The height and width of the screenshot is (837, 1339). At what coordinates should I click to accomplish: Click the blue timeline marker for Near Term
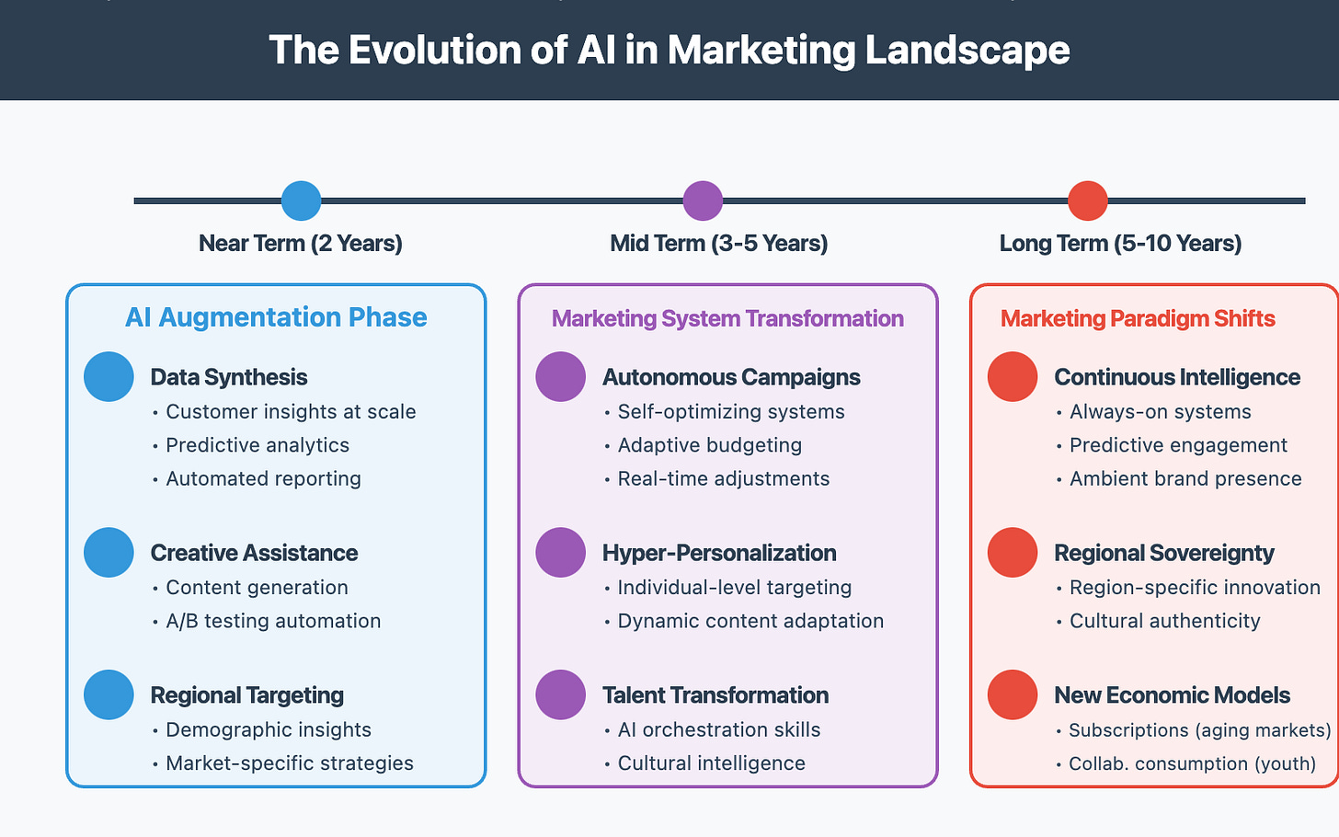301,201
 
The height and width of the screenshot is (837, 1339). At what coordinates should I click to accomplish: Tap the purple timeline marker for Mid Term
703,201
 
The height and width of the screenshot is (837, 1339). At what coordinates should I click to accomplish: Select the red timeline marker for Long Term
1087,201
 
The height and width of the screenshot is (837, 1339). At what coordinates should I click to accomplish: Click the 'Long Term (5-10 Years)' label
1120,244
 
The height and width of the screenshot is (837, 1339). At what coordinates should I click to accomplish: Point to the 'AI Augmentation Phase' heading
276,317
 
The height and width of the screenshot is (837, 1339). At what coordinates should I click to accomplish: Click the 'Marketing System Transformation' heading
727,318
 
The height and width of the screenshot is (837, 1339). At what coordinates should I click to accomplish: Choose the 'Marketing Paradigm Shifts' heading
1138,318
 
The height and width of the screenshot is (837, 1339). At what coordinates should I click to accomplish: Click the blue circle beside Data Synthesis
109,377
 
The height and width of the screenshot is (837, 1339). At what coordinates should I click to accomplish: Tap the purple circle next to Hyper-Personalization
560,553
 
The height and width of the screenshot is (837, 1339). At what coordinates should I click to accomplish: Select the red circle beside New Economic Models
1013,695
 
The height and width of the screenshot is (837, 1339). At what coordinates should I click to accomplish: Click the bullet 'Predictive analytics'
257,445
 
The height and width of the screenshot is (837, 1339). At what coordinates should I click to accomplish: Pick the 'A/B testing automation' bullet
273,621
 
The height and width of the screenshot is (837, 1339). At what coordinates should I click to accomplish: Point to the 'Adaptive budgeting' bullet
710,445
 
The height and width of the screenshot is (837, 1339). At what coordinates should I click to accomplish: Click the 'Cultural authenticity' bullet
1164,621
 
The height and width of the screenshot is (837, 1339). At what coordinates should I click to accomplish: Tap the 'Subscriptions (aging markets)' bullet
1199,730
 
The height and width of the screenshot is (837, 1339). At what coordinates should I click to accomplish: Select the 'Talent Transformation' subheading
715,695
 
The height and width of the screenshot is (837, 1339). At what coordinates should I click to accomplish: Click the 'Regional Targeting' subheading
247,695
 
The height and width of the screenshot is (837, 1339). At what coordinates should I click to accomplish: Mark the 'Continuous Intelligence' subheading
1177,377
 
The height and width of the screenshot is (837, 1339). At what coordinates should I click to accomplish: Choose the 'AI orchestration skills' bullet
719,730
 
